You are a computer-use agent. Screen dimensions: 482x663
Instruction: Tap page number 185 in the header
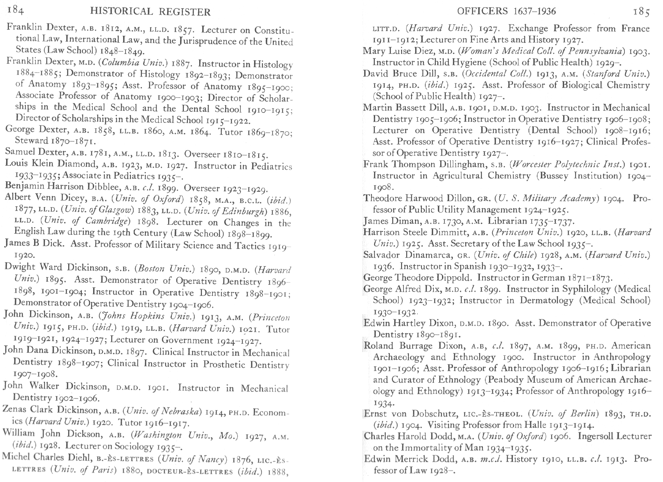tap(641, 12)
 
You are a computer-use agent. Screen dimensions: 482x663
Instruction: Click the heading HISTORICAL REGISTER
tap(150, 12)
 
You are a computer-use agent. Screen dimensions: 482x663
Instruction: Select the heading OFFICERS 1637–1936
tap(506, 11)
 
